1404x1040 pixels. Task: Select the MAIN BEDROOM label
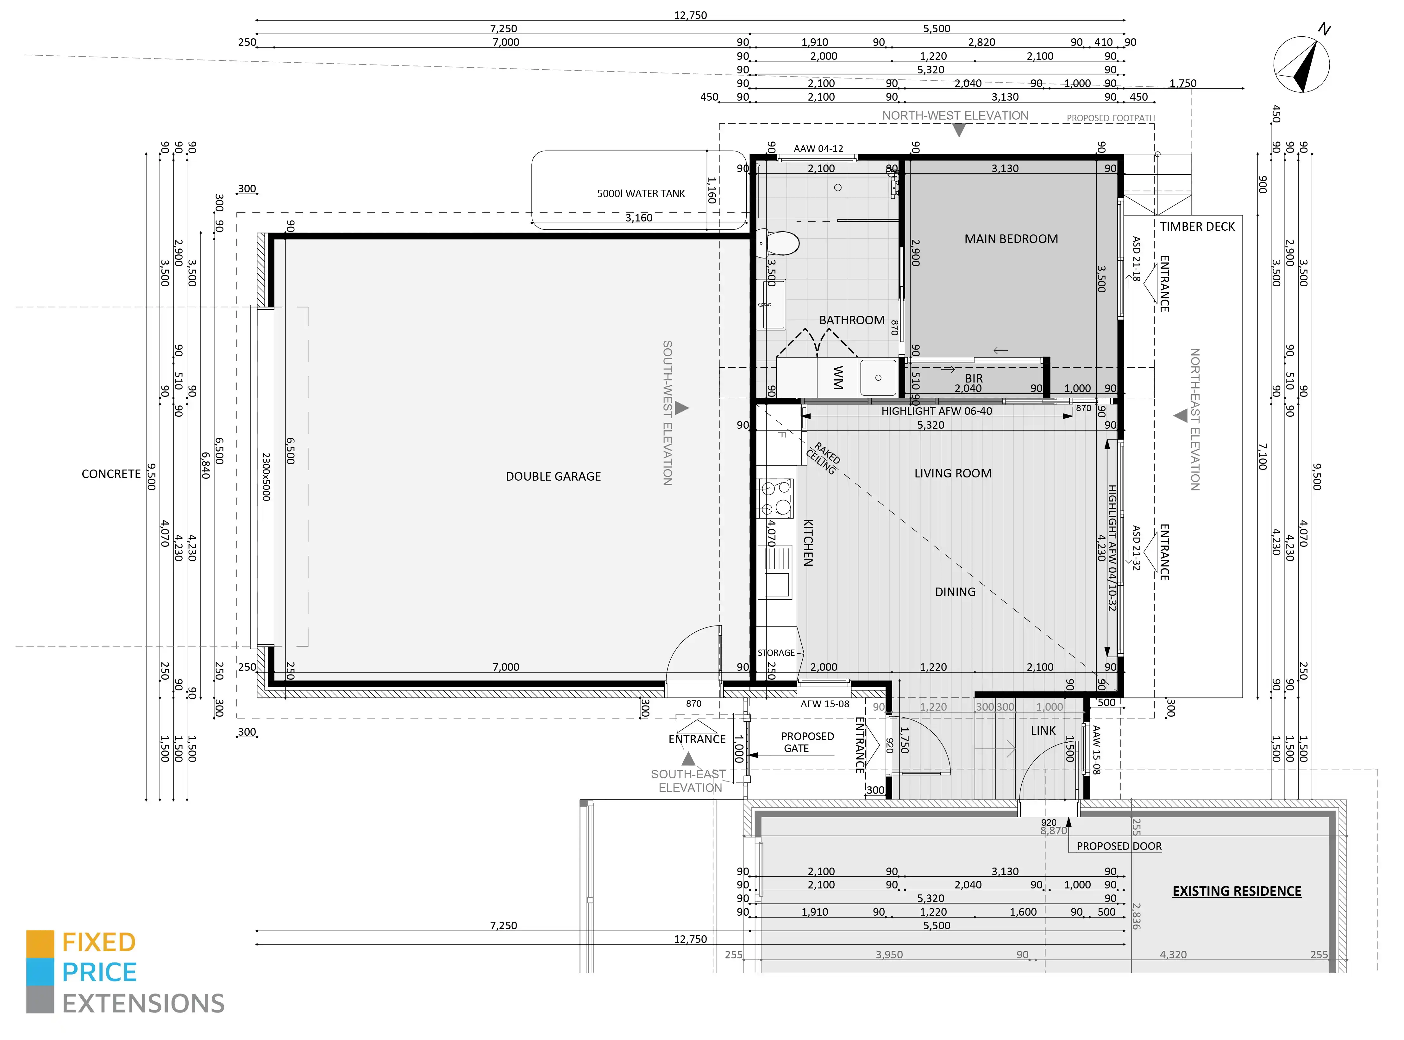click(1011, 239)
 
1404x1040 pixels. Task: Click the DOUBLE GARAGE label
click(554, 476)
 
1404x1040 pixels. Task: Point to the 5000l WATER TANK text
click(641, 193)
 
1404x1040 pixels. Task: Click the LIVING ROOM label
click(953, 473)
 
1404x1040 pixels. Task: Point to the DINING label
click(955, 592)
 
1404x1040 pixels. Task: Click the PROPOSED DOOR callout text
click(1119, 846)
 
